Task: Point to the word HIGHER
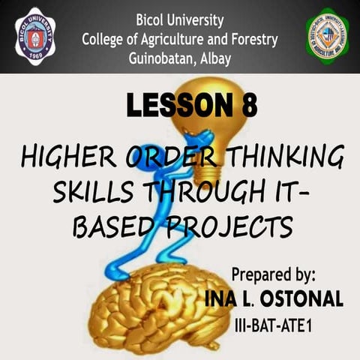(64, 159)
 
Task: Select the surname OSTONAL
(300, 298)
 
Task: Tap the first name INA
(223, 298)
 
